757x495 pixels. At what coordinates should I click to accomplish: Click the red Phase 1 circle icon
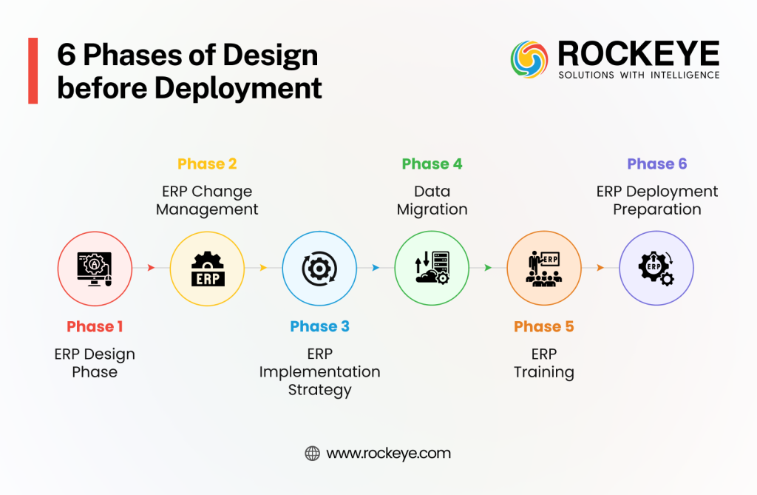coord(95,268)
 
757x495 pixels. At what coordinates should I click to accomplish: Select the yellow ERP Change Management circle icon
coord(207,268)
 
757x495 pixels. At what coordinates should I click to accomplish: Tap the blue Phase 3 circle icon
coord(319,268)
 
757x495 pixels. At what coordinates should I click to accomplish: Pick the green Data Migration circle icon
coord(432,268)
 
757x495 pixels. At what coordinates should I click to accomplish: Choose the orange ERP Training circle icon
coord(544,268)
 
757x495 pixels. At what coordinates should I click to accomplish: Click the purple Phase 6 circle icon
coord(656,268)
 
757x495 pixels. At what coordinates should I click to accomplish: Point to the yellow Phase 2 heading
coord(207,164)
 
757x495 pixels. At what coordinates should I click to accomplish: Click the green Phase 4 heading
coord(432,164)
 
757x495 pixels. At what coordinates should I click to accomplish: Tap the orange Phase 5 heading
coord(544,326)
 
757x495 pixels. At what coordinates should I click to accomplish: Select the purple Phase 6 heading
coord(656,164)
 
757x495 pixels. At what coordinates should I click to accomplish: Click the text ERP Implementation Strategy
coord(319,371)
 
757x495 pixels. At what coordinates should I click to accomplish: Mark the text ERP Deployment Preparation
coord(656,201)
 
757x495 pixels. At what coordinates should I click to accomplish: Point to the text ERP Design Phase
coord(95,363)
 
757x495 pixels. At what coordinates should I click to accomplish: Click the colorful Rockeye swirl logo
coord(530,60)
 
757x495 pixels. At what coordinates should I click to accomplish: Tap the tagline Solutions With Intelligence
coord(639,75)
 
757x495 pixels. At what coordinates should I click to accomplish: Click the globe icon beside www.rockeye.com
coord(312,454)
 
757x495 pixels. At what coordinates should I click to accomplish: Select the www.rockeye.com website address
coord(388,454)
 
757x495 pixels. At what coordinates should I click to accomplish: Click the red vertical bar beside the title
coord(33,71)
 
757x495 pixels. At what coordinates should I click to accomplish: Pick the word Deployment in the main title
coord(238,88)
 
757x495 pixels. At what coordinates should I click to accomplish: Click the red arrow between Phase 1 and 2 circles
coord(151,268)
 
